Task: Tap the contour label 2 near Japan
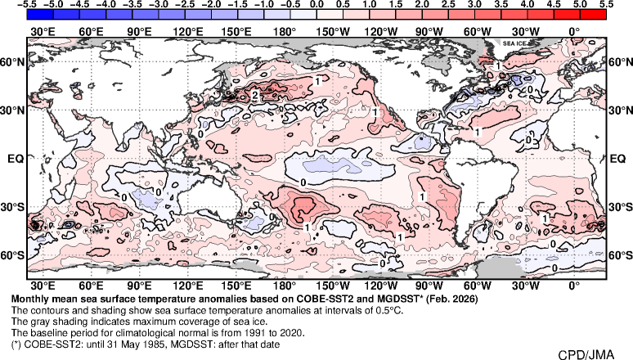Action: [x=256, y=96]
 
